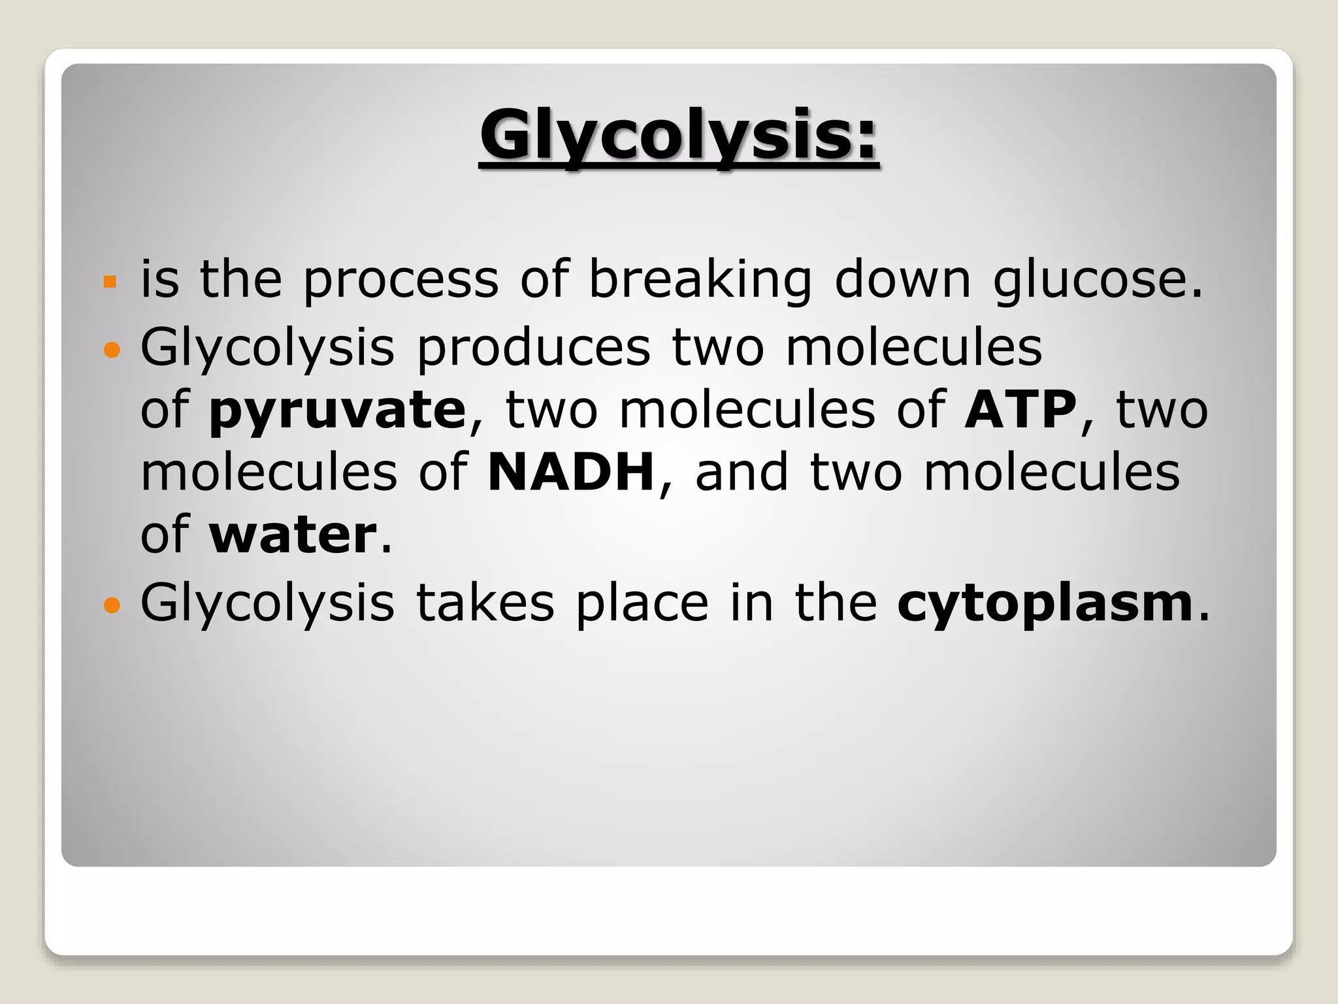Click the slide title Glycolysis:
coord(679,136)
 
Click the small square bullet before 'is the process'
coord(110,282)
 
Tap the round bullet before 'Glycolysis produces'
coord(112,350)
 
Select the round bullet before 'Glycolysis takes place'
coord(112,605)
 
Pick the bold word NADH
coord(571,472)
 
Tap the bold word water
coord(293,535)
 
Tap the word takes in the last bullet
coord(485,603)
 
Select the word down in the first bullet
coord(903,280)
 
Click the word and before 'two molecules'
coord(742,472)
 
